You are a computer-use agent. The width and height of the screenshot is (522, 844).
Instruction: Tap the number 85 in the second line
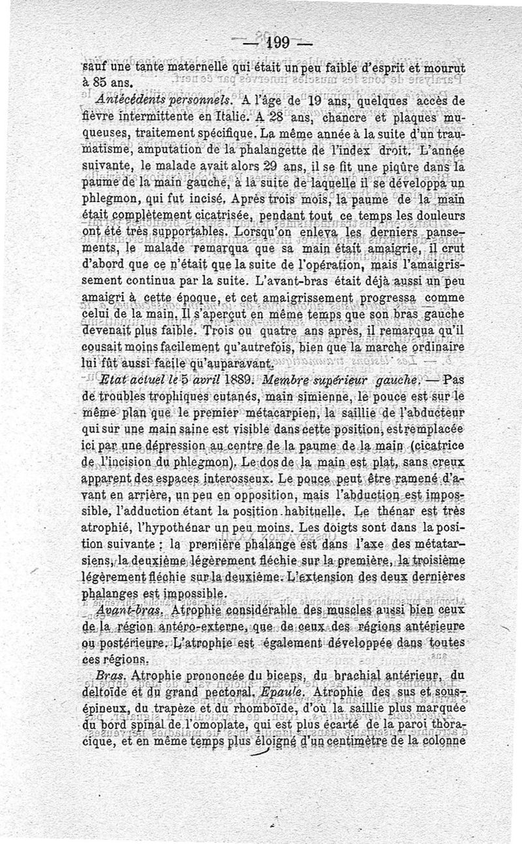pos(103,83)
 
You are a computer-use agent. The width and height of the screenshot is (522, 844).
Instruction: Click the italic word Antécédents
pos(126,100)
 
